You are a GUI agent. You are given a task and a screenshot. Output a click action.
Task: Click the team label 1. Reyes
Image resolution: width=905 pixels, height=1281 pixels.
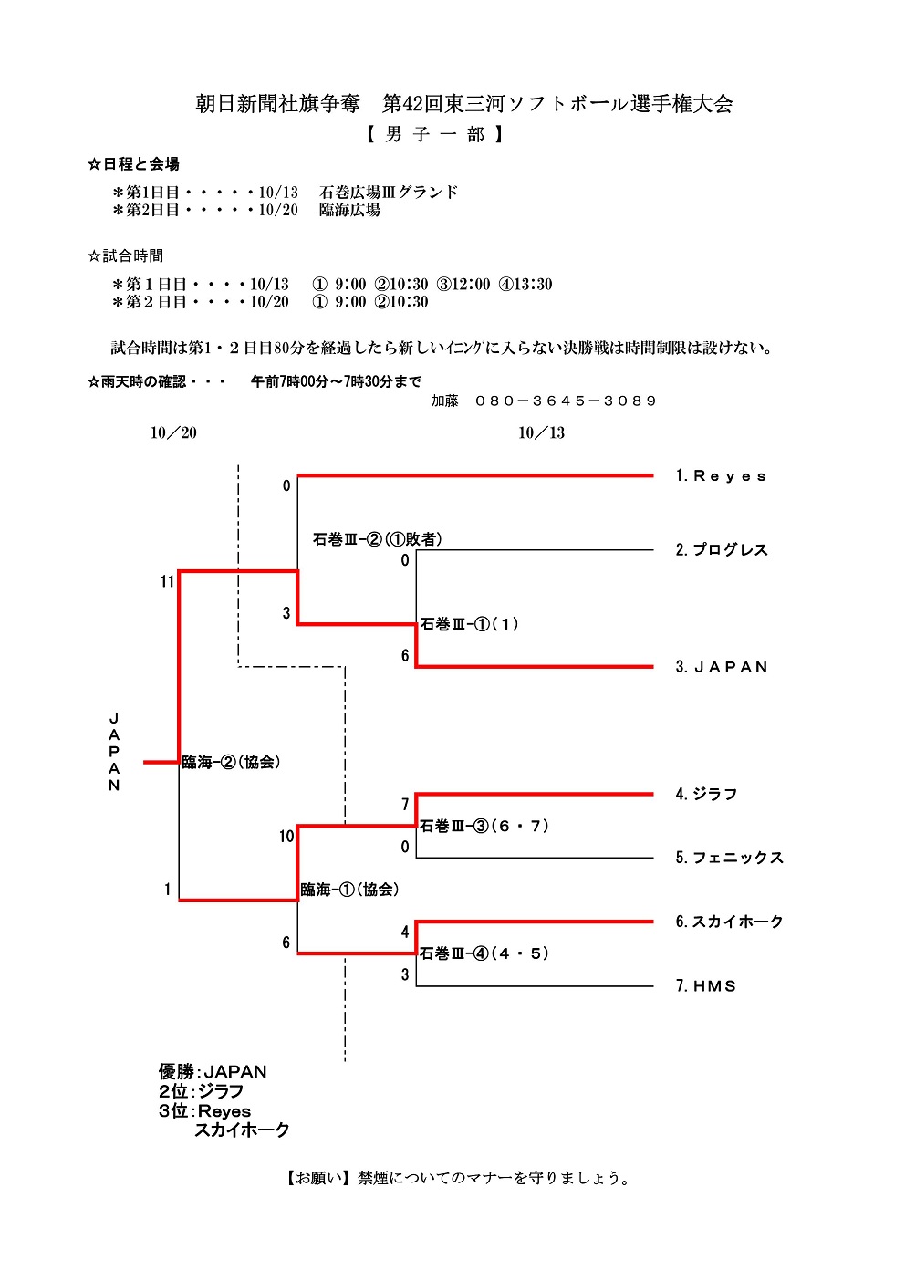721,476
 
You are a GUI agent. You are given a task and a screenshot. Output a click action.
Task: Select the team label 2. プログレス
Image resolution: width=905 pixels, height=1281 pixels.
722,550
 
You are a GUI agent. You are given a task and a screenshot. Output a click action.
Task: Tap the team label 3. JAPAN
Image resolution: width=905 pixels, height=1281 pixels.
722,667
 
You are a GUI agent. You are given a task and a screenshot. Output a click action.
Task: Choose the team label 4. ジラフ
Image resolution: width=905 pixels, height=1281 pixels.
706,795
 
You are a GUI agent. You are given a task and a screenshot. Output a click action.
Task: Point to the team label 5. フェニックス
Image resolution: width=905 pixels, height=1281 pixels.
729,858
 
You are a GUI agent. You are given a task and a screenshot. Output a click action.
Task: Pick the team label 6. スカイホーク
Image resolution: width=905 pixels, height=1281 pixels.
729,922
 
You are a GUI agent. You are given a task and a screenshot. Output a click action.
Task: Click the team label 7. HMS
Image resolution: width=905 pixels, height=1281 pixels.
705,986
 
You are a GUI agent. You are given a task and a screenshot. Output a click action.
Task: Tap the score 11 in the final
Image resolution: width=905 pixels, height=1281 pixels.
167,582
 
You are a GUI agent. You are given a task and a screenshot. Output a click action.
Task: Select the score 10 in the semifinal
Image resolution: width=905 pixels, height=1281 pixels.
286,837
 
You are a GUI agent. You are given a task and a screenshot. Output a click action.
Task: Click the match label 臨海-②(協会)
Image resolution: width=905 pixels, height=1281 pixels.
231,762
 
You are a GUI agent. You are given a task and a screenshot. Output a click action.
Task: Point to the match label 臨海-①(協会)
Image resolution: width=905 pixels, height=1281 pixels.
349,890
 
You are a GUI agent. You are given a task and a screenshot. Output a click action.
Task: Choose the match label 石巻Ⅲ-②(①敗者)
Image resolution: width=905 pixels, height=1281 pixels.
378,539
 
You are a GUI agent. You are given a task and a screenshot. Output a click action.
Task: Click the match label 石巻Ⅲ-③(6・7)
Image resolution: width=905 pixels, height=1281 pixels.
484,827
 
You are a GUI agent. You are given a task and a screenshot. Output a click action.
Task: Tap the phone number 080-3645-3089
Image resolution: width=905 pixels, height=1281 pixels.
566,401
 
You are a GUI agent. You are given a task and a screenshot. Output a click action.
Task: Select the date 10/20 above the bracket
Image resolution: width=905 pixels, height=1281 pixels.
173,432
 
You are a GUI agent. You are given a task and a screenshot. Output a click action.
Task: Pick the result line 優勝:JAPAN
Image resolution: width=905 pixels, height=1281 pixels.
213,1072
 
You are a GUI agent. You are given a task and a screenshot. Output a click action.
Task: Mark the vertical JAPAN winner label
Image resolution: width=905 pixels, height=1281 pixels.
114,752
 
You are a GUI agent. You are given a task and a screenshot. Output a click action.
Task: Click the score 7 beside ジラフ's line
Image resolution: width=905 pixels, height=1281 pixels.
405,805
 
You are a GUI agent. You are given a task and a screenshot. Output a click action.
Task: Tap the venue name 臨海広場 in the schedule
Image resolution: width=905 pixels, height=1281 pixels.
349,210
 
